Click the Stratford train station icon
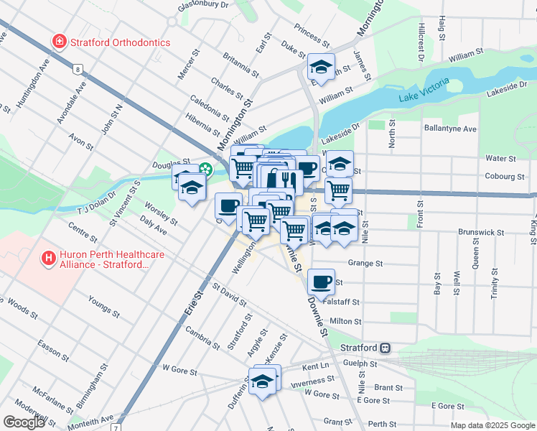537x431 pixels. point(386,348)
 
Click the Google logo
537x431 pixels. point(24,422)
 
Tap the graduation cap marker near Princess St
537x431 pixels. point(321,67)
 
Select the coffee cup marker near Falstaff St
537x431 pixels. point(321,281)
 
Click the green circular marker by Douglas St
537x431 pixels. point(206,170)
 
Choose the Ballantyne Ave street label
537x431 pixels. point(450,129)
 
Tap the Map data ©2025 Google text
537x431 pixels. point(492,425)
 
